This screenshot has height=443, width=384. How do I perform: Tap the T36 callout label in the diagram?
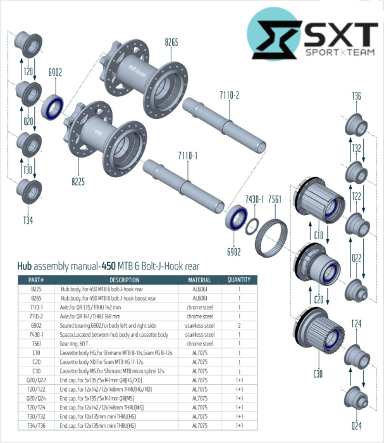(x=356, y=96)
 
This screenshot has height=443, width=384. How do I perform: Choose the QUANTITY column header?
(x=239, y=280)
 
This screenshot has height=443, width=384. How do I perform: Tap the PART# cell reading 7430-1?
(x=37, y=334)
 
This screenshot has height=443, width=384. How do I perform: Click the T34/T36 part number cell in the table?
(x=37, y=426)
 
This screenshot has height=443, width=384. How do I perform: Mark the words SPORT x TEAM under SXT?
(x=340, y=56)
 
